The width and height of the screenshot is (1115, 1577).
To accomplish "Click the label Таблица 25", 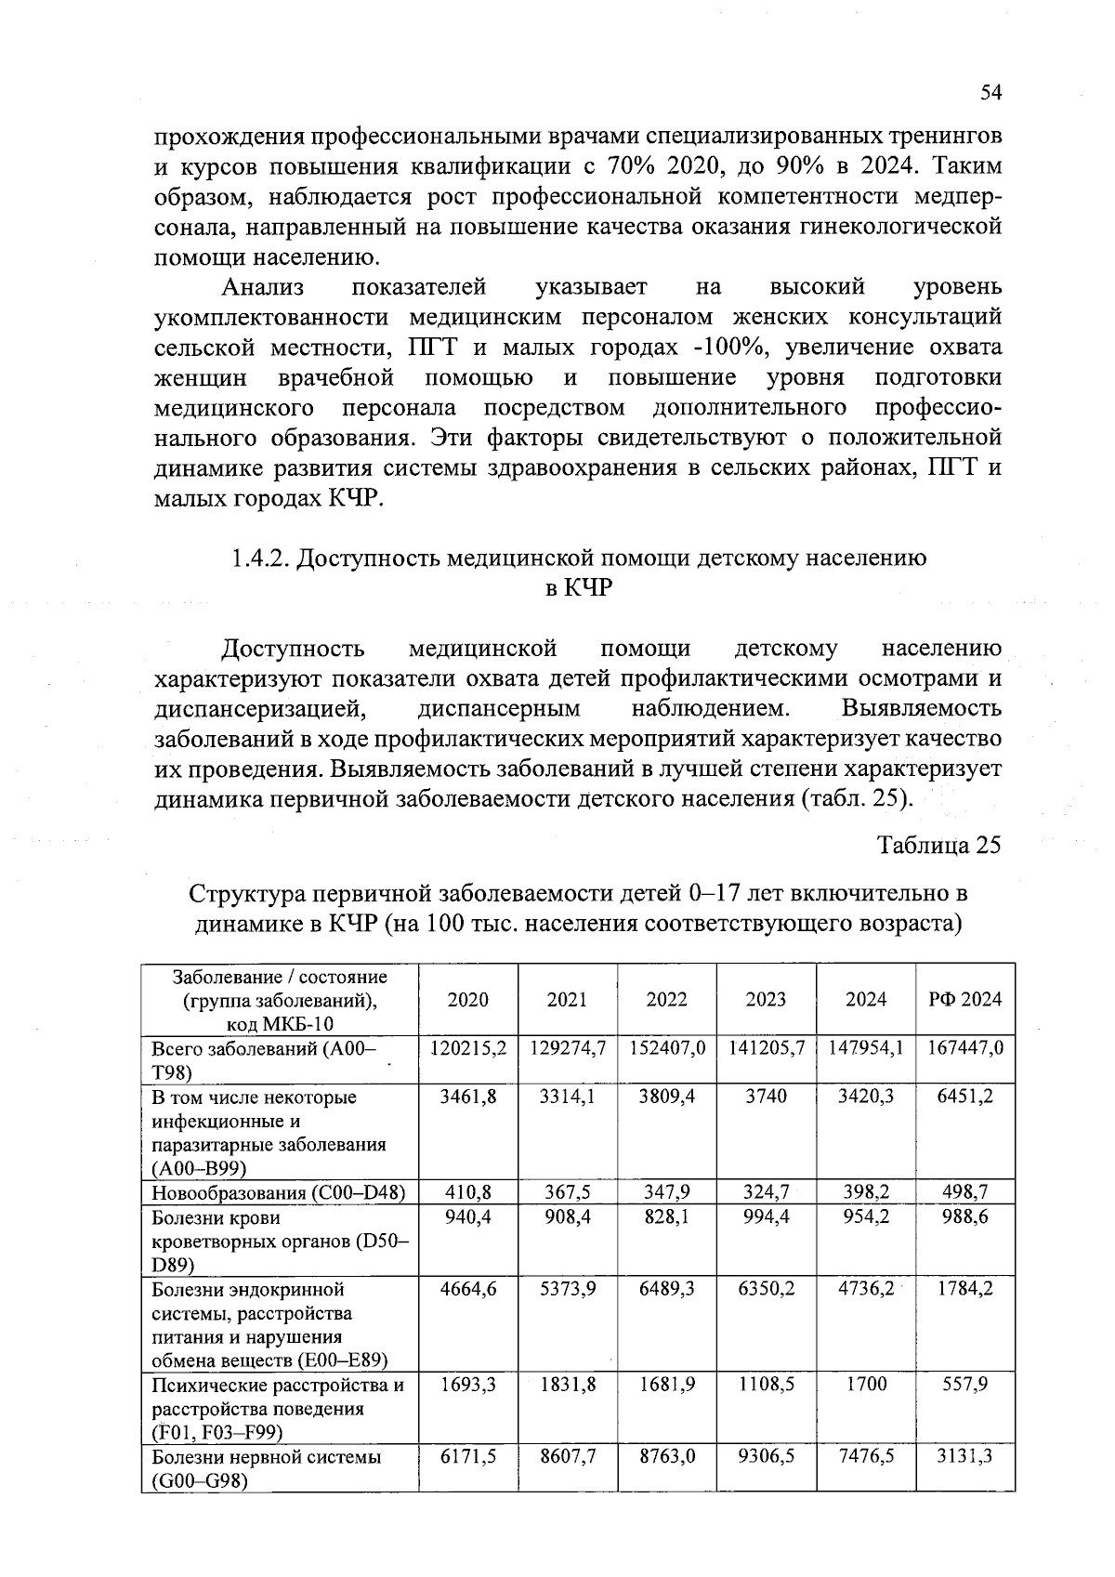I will click(x=939, y=845).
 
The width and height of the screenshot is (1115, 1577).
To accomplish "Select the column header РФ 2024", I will click(x=965, y=999).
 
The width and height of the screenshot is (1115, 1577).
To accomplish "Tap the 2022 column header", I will click(x=666, y=999).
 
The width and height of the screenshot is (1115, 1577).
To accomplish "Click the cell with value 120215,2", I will click(x=468, y=1047).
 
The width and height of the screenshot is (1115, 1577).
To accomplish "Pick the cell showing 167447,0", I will click(x=965, y=1047).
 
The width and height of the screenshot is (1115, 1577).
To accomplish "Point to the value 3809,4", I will click(x=666, y=1096).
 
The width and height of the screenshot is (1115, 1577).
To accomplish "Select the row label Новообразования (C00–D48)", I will click(x=279, y=1192).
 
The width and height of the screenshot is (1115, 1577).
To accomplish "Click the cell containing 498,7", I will click(x=965, y=1191).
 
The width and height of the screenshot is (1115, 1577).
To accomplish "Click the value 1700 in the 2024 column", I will click(x=866, y=1384).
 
